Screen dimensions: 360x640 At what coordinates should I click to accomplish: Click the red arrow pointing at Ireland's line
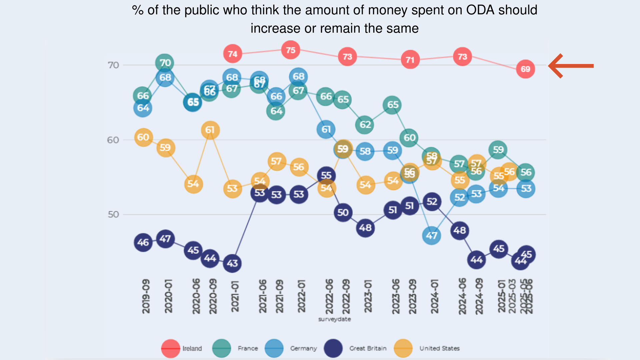point(571,66)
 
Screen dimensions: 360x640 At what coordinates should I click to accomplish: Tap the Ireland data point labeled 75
point(290,50)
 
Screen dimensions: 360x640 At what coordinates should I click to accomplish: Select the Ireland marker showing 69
point(525,69)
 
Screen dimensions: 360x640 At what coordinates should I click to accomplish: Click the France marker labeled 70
point(165,63)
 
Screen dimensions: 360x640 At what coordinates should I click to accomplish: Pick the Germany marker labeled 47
point(431,235)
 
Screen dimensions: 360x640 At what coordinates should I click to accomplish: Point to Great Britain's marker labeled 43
point(232,263)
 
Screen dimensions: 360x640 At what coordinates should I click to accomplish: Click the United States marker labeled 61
point(210,130)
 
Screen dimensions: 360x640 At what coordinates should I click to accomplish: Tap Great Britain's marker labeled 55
point(326,175)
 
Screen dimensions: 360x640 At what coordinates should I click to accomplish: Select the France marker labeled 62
point(365,125)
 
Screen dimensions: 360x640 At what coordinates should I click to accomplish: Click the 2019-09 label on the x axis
point(146,296)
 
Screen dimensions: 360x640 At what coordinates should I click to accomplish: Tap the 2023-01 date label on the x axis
point(368,296)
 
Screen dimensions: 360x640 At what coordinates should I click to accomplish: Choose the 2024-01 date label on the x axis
point(434,296)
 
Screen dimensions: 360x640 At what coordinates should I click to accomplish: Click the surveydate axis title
point(334,319)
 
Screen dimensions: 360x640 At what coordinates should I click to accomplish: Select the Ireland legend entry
point(182,348)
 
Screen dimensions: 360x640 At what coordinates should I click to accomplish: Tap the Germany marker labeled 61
point(326,129)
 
